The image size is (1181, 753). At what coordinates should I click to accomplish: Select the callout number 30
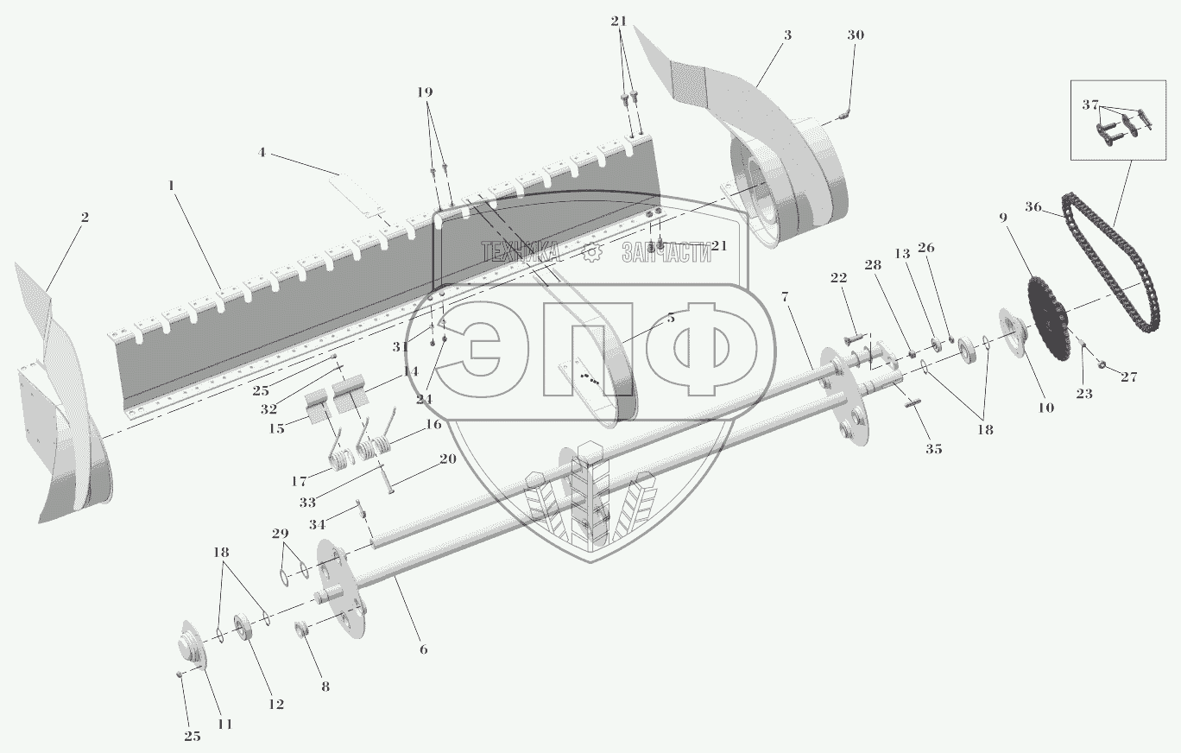point(855,35)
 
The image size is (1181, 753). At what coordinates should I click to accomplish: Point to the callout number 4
point(261,153)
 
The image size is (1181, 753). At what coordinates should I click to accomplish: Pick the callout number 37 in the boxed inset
point(1089,104)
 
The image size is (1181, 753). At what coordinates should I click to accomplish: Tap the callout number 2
point(84,217)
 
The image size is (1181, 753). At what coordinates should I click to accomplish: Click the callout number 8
point(325,687)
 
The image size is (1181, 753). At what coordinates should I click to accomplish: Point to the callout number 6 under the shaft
point(423,649)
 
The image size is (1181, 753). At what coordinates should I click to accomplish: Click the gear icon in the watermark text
point(591,251)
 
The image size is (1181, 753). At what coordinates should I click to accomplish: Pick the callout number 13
point(902,254)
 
